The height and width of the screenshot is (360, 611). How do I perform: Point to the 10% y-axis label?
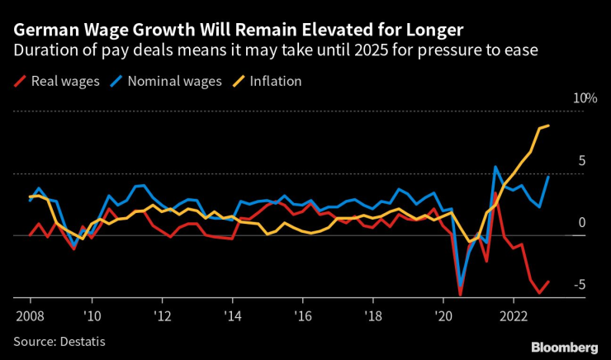[x=585, y=98]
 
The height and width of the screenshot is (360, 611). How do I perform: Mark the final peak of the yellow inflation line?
[x=549, y=126]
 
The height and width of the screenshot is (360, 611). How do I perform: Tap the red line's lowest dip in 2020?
[x=460, y=294]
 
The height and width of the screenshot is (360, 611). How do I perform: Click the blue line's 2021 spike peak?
[x=495, y=167]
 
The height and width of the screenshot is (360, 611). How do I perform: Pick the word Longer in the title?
[x=433, y=31]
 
